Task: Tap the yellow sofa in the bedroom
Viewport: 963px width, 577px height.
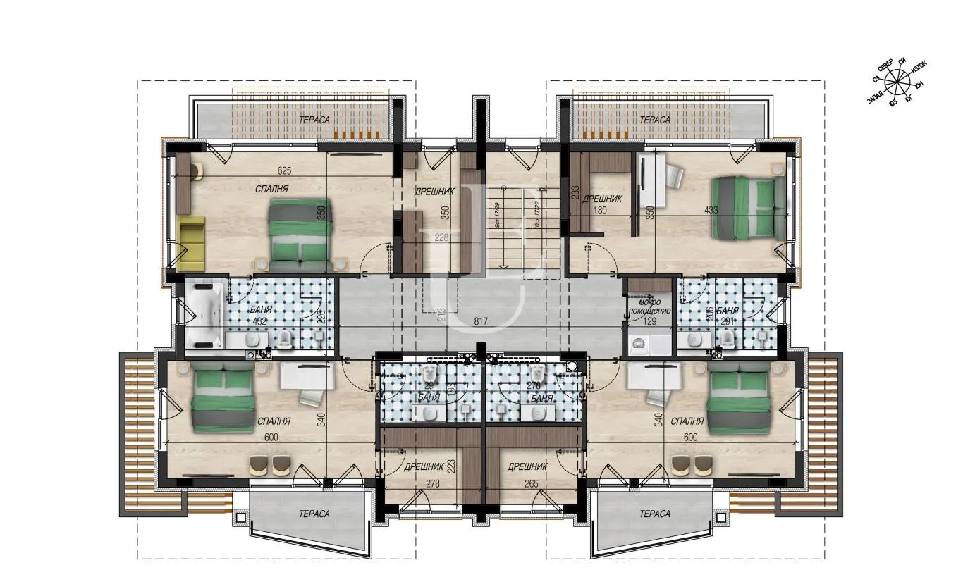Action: tap(190, 243)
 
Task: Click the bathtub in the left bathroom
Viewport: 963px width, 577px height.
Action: tap(203, 316)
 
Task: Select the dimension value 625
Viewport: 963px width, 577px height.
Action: tap(285, 170)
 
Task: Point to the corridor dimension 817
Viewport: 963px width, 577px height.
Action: tap(481, 322)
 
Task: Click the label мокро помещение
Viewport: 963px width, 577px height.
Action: tap(648, 306)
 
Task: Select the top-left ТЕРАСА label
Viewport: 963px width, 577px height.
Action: tap(314, 120)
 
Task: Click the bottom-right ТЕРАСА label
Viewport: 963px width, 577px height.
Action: tap(655, 514)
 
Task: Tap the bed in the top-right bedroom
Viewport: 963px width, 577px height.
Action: tap(748, 206)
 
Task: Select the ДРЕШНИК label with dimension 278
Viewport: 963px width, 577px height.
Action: tap(423, 466)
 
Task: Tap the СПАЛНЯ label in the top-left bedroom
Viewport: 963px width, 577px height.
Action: tap(272, 190)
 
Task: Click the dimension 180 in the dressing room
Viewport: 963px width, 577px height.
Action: tap(600, 211)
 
